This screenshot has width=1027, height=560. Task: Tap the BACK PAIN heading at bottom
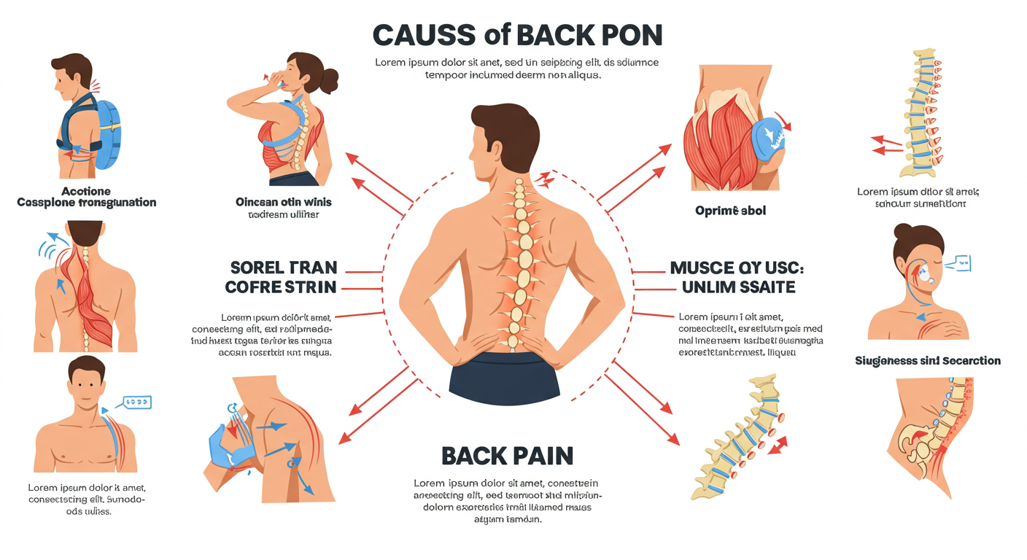[x=507, y=456]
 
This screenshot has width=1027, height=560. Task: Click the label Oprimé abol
[x=729, y=211]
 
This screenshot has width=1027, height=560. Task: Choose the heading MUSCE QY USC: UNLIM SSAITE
[x=732, y=277]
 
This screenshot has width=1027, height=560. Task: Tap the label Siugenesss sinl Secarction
[x=927, y=361]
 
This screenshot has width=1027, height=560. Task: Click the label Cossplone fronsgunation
[x=86, y=202]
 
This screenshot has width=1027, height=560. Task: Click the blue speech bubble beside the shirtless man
[x=136, y=402]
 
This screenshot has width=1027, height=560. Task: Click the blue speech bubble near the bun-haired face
[x=961, y=262]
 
